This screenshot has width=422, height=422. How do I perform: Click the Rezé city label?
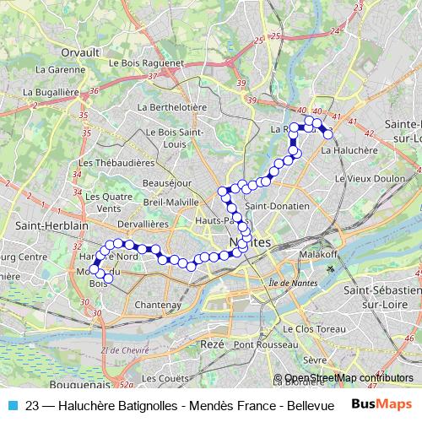pos(214,344)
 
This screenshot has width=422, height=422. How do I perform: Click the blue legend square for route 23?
pos(14,404)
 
